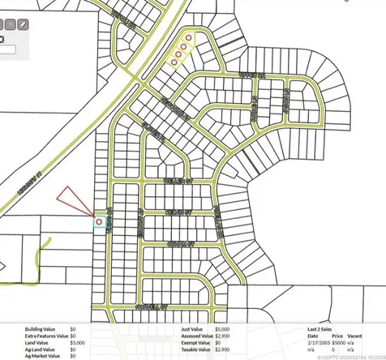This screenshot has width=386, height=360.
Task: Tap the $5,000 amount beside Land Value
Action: point(75,342)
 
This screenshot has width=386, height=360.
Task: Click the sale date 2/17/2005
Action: point(318,342)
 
